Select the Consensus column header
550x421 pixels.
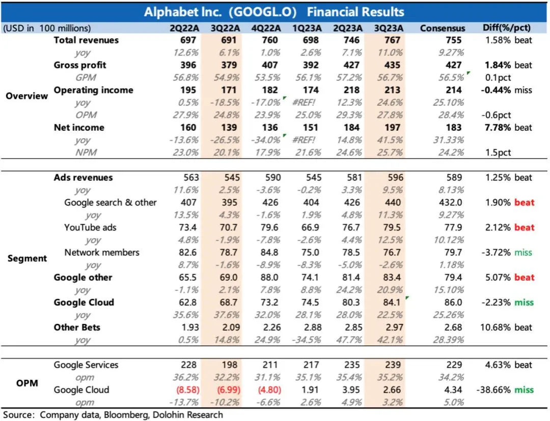point(443,28)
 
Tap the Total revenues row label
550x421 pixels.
point(86,40)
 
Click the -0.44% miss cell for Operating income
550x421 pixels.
point(506,90)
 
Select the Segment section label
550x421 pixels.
point(27,258)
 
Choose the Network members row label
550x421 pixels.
point(102,252)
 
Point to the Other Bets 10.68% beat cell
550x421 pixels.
point(506,327)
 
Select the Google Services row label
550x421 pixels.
point(86,365)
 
